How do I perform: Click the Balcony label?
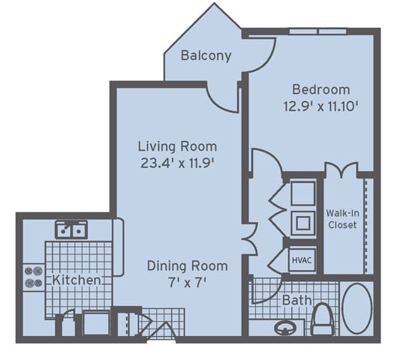pyautogui.click(x=206, y=55)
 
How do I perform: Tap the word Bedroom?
pyautogui.click(x=321, y=89)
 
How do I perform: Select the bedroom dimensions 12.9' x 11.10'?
pyautogui.click(x=320, y=106)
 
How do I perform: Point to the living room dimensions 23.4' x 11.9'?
pyautogui.click(x=177, y=163)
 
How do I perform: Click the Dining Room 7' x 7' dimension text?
pyautogui.click(x=187, y=283)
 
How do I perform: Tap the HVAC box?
pyautogui.click(x=302, y=260)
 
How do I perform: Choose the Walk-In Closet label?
pyautogui.click(x=342, y=219)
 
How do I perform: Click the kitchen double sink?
pyautogui.click(x=71, y=229)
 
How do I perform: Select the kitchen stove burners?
pyautogui.click(x=34, y=277)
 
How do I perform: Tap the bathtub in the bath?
pyautogui.click(x=357, y=309)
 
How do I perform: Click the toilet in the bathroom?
pyautogui.click(x=323, y=319)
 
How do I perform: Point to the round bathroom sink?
pyautogui.click(x=285, y=328)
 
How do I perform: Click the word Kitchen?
pyautogui.click(x=77, y=280)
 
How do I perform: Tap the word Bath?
pyautogui.click(x=296, y=300)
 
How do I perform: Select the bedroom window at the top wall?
pyautogui.click(x=318, y=31)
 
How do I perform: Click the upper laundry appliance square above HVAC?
pyautogui.click(x=302, y=193)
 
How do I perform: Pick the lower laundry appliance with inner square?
pyautogui.click(x=302, y=223)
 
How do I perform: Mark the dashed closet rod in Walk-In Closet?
pyautogui.click(x=366, y=226)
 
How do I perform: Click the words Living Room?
pyautogui.click(x=177, y=146)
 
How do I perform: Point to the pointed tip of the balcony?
pyautogui.click(x=215, y=3)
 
